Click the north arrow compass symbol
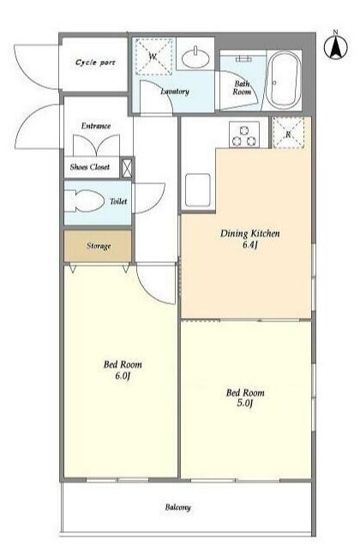click(x=335, y=46)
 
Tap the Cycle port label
click(x=95, y=63)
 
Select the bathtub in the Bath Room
click(x=284, y=81)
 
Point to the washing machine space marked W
click(x=154, y=57)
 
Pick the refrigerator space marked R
click(x=288, y=132)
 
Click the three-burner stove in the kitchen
click(x=244, y=135)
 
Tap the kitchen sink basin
click(x=198, y=190)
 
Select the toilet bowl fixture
click(x=84, y=201)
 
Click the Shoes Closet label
click(x=89, y=167)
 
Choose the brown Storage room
click(x=98, y=246)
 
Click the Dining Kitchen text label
click(x=249, y=233)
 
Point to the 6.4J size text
click(x=249, y=245)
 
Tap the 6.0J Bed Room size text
click(x=123, y=376)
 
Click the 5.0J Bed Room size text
click(x=245, y=404)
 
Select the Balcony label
click(x=177, y=507)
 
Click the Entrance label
click(x=96, y=126)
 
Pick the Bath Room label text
click(x=242, y=87)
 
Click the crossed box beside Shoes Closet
click(x=127, y=168)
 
